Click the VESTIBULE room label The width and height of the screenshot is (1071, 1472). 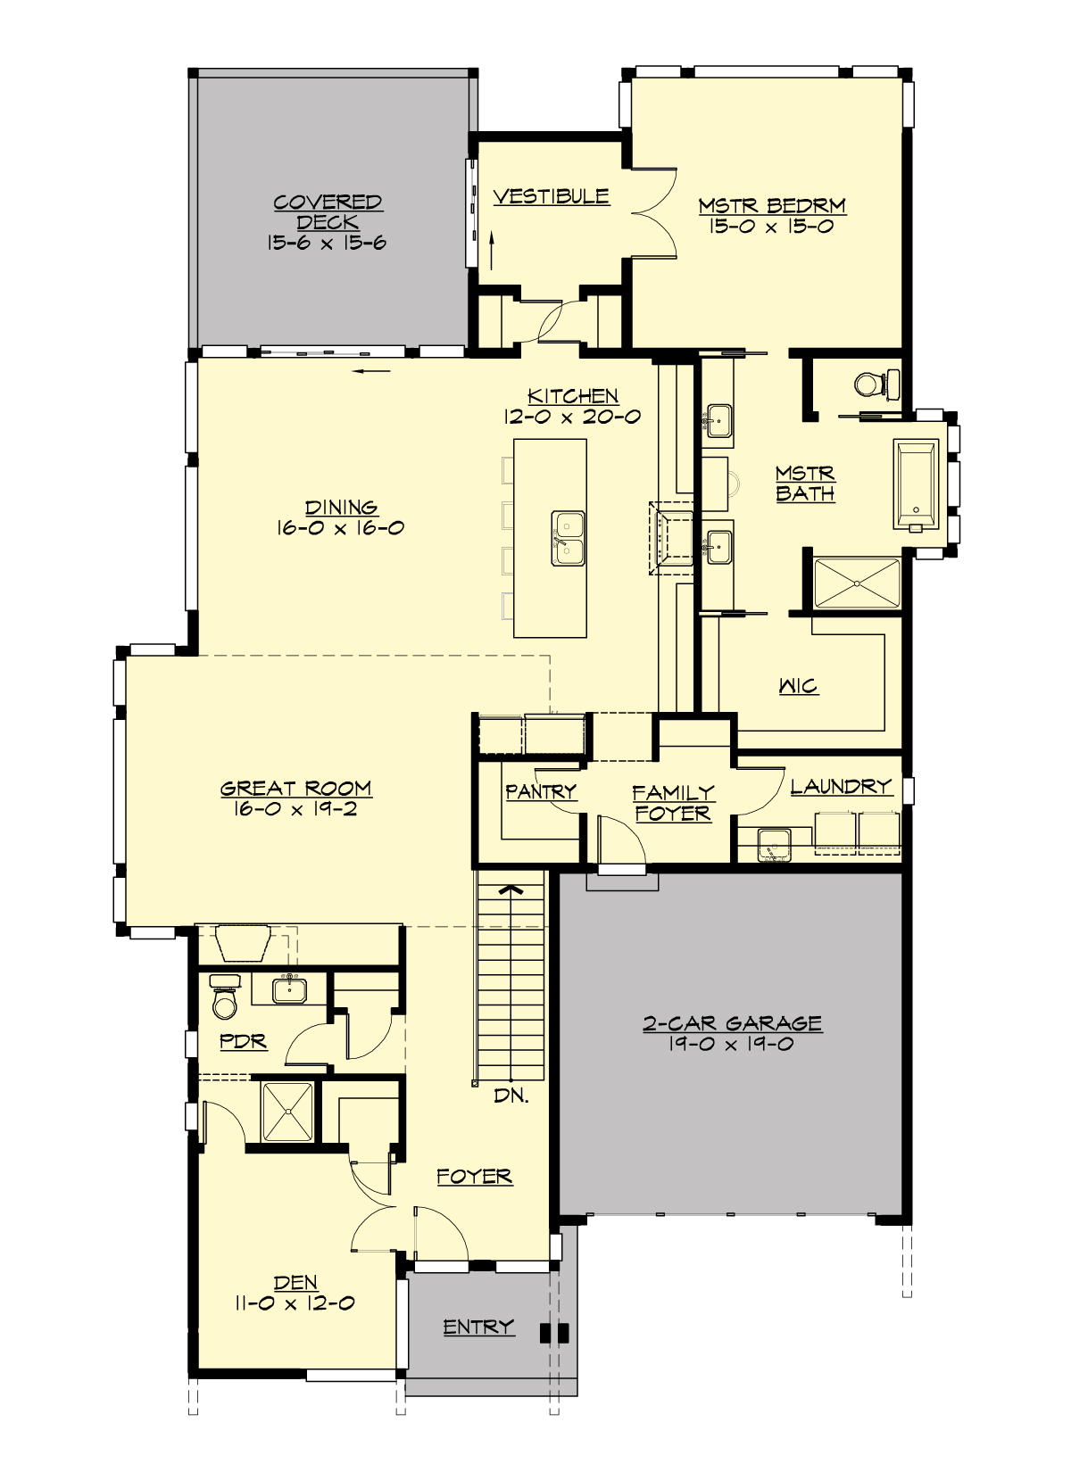(x=551, y=196)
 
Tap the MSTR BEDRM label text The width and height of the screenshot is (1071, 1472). (x=772, y=206)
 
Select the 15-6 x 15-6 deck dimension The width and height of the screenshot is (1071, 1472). (x=327, y=243)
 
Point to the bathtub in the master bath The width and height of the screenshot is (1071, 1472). (x=916, y=484)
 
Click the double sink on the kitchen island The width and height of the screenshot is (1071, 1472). (x=568, y=537)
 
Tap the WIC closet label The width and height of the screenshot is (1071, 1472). (x=798, y=686)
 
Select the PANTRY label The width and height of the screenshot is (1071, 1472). (x=540, y=791)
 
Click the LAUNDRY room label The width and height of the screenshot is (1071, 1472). (x=841, y=786)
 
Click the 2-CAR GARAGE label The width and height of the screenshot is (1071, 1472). (x=732, y=1023)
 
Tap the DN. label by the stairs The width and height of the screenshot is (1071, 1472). (x=511, y=1096)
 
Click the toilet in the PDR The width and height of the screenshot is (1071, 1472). (x=224, y=998)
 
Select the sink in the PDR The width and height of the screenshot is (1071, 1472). (x=288, y=989)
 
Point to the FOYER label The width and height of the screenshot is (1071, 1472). (x=474, y=1177)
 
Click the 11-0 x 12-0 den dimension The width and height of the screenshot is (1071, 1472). (x=295, y=1303)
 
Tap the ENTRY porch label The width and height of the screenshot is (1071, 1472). (x=478, y=1327)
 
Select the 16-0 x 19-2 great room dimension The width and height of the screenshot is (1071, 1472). (x=295, y=810)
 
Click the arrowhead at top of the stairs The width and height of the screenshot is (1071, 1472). (x=510, y=889)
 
